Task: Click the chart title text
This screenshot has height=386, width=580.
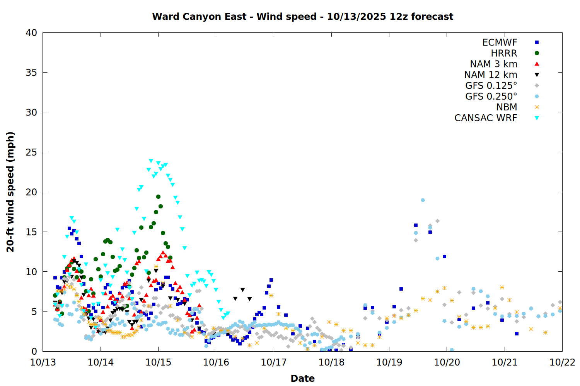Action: [302, 17]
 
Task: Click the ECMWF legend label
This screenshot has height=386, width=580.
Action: [500, 42]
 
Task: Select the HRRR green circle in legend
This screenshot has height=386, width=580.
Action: [537, 53]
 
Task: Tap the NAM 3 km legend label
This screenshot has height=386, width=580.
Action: [493, 64]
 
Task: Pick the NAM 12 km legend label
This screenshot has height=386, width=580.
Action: [491, 75]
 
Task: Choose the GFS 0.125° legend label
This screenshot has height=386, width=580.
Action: [491, 86]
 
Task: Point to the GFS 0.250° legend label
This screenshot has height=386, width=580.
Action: [491, 96]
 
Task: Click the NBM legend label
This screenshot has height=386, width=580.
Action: [507, 107]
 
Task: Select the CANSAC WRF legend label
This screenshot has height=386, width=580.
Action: [486, 118]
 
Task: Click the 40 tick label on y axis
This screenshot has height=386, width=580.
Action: [31, 33]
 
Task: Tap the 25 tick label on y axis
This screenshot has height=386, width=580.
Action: [31, 152]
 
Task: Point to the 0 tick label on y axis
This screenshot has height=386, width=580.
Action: [34, 351]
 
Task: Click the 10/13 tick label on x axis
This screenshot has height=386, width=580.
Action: [43, 362]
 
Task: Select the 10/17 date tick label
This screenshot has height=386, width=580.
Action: [273, 362]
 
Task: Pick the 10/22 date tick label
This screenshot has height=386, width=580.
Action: [562, 362]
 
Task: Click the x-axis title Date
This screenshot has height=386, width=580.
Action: [302, 378]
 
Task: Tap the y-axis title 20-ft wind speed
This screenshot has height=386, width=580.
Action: [10, 192]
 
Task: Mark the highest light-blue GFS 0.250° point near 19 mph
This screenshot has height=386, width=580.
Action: [423, 200]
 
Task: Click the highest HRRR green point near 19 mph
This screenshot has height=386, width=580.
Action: [158, 197]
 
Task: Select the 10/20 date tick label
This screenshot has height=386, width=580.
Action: [447, 362]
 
